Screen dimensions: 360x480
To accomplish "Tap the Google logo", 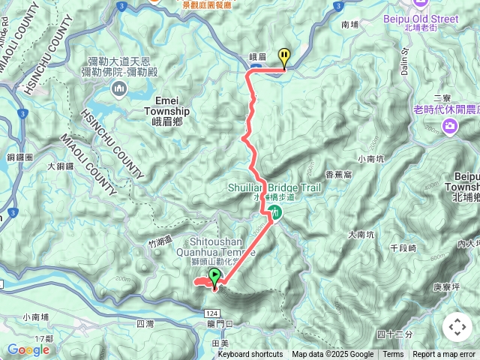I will coord(28,349).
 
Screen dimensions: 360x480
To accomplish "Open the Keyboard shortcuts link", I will coord(250,355).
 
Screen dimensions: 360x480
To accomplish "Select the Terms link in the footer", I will coord(393,355).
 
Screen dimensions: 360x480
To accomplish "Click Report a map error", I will coord(444,355).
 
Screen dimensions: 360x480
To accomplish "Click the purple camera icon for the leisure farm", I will coord(450,124).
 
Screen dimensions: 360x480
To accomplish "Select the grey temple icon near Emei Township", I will coord(120,91).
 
